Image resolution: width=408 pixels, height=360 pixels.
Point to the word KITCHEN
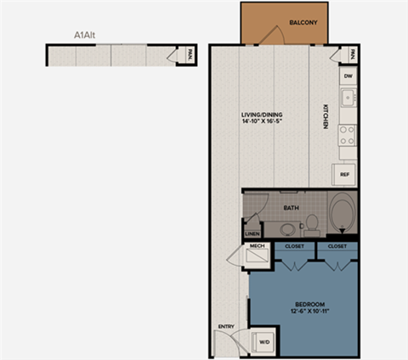(325, 116)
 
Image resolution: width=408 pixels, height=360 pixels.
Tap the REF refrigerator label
(345, 175)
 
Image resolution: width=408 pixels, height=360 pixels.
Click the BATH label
(291, 208)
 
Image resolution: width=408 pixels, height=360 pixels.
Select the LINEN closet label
(252, 233)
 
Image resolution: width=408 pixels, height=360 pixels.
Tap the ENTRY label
(226, 326)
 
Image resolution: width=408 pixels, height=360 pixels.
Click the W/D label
(263, 344)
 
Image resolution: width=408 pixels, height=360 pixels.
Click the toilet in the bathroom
(312, 223)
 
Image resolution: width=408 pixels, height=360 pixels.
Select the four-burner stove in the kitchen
(347, 134)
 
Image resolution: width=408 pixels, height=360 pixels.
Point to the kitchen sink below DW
(347, 98)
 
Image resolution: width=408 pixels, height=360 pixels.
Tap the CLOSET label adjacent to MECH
(294, 246)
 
